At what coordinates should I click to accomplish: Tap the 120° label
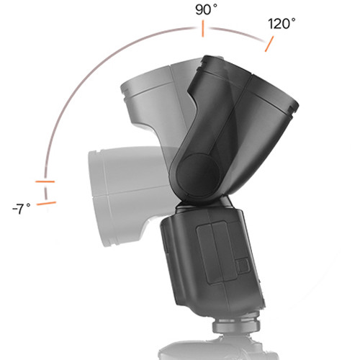[x=282, y=23]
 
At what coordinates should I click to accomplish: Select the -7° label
[x=22, y=209]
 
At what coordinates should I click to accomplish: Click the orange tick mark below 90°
[x=203, y=30]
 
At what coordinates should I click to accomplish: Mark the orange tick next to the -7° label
[x=46, y=204]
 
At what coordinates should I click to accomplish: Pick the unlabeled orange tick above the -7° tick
[x=45, y=181]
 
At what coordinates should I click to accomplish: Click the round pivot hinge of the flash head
[x=194, y=173]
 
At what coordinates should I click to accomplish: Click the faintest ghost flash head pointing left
[x=115, y=180]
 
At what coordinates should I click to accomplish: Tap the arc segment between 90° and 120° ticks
[x=238, y=32]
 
